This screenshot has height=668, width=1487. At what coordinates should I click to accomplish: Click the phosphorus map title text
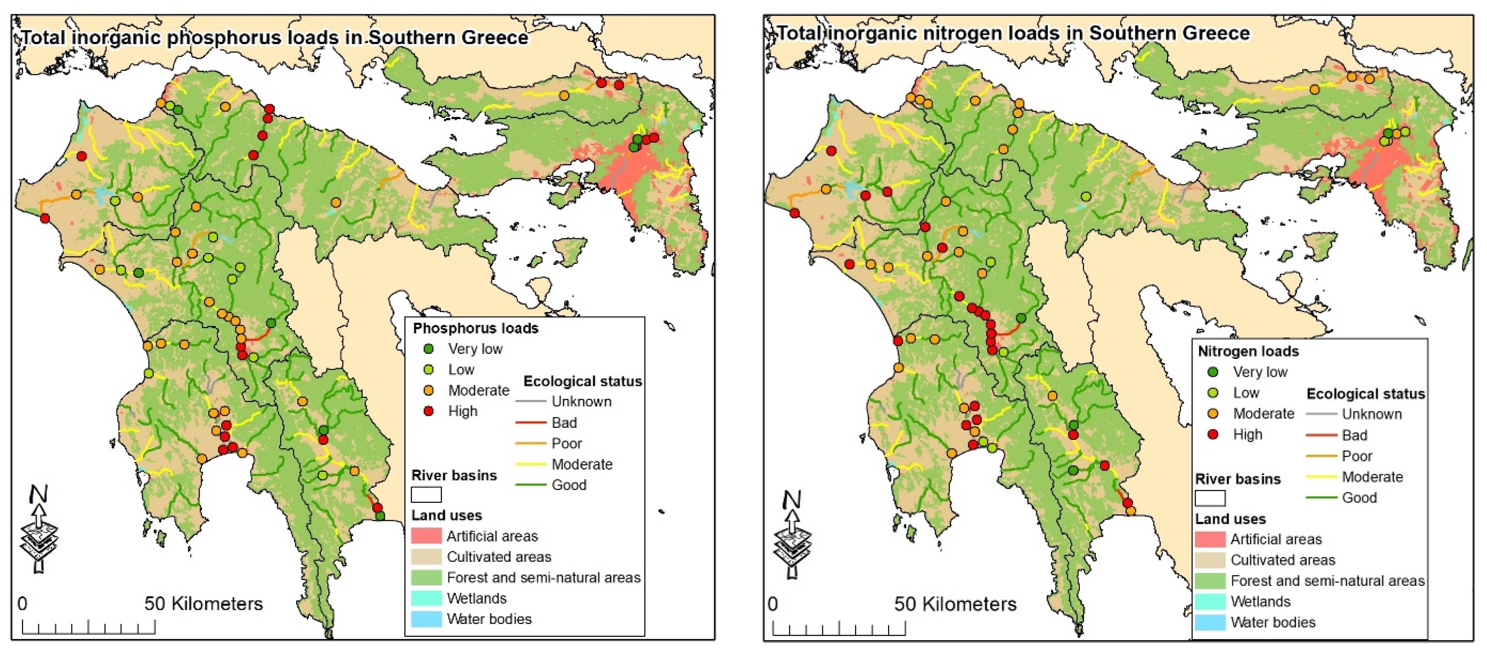click(274, 37)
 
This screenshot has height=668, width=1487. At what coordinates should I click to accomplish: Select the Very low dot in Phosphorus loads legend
click(428, 349)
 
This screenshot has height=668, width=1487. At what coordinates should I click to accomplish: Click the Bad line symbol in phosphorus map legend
click(530, 423)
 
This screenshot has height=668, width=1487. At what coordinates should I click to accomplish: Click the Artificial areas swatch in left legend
click(426, 536)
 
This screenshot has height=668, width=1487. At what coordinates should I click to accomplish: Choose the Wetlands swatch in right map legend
click(1209, 602)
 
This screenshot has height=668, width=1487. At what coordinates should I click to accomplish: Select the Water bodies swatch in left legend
click(426, 619)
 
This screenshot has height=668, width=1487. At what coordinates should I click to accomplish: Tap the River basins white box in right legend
click(1209, 498)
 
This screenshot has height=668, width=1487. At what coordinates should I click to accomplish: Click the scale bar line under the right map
click(838, 634)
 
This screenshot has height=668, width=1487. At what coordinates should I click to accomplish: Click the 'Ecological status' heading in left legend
click(582, 381)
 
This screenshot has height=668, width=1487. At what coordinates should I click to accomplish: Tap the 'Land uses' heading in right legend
click(1230, 519)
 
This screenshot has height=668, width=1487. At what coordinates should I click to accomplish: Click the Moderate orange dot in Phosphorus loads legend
click(428, 390)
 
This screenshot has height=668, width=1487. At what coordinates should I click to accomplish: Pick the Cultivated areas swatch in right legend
click(1209, 560)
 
